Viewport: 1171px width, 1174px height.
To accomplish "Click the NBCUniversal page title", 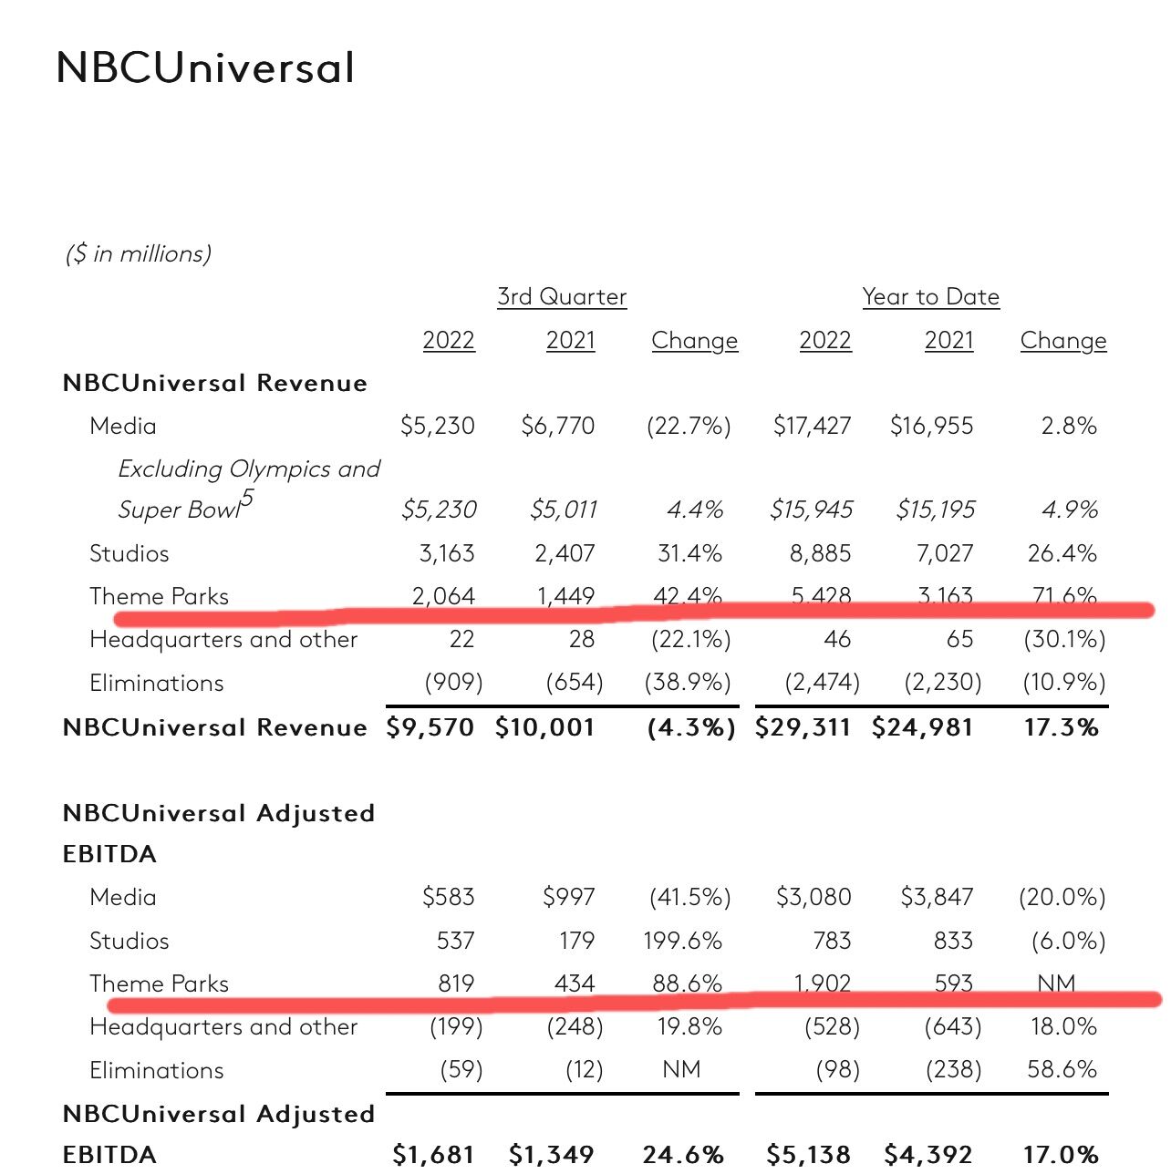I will [205, 67].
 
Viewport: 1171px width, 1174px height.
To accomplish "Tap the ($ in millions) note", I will [139, 253].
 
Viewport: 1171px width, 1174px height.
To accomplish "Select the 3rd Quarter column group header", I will [562, 297].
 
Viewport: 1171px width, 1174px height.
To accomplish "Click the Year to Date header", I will [930, 297].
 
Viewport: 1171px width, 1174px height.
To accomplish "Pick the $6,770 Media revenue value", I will [557, 426].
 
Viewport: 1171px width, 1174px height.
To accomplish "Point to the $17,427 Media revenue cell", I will [812, 426].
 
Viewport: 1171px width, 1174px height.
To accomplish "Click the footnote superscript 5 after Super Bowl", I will [247, 499].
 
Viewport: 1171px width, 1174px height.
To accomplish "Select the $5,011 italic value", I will [563, 510].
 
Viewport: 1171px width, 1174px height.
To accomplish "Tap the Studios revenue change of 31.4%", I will [689, 553].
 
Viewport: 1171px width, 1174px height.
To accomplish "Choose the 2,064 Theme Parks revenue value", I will [443, 596].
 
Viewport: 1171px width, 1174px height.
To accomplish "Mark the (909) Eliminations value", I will [453, 683].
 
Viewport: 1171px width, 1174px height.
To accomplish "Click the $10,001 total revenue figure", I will [544, 727].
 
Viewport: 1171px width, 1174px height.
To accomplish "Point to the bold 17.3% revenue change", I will [1061, 727].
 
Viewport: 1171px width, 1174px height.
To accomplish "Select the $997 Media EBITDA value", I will [568, 897].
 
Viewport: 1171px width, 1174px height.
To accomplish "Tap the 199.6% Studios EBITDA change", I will [682, 941].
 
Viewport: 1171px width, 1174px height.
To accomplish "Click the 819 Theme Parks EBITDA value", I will [456, 983].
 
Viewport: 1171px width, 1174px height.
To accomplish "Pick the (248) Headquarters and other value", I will [575, 1027].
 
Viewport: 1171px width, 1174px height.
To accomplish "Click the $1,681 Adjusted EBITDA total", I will [433, 1155].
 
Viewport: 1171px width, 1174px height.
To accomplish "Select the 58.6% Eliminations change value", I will [1062, 1069].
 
